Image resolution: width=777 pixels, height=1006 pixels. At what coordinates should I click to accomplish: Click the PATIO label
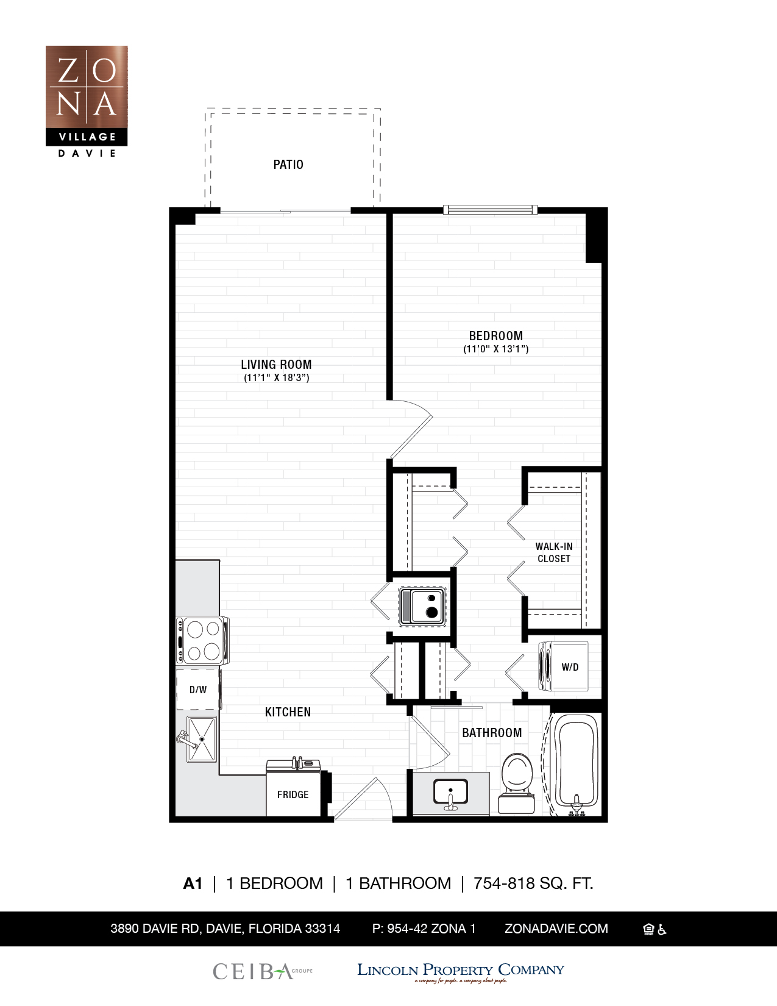288,165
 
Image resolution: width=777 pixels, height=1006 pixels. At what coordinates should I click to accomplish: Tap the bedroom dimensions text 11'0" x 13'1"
495,349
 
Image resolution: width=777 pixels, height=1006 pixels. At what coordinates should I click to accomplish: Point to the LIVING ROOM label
276,365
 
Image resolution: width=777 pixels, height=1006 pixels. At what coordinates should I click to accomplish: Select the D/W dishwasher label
197,690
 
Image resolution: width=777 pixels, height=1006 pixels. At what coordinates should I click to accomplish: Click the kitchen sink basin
202,740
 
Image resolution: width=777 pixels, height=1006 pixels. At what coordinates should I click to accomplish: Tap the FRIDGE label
293,794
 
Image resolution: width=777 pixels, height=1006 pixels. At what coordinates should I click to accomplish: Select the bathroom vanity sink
450,793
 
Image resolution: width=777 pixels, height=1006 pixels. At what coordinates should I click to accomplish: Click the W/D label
570,667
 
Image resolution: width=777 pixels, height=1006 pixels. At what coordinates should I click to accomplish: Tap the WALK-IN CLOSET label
553,552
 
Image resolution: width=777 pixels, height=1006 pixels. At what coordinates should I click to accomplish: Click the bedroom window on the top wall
490,210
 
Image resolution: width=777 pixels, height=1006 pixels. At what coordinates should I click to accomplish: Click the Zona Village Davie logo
87,101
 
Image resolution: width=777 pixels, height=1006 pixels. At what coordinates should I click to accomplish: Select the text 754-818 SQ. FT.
533,883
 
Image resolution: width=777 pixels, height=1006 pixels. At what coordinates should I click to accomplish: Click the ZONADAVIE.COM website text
556,929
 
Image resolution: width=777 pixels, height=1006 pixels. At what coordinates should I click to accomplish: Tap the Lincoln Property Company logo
460,971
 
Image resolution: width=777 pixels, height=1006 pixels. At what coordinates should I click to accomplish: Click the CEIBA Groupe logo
262,971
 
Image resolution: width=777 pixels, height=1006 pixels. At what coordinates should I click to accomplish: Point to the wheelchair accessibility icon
662,930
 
